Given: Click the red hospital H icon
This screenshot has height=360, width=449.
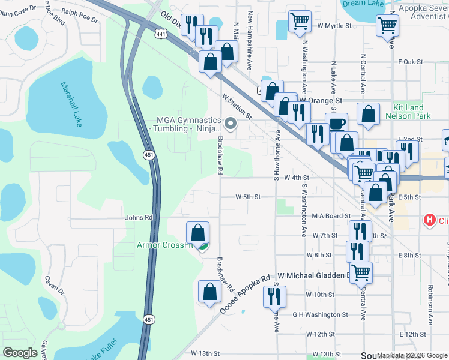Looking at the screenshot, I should point(429,220).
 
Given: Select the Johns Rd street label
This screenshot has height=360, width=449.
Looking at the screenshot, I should point(139,217).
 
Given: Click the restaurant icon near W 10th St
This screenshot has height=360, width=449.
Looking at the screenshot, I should point(274,295).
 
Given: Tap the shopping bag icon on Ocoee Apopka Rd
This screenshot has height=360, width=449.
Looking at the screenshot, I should point(209,292).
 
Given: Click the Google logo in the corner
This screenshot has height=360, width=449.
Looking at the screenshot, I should point(20,353).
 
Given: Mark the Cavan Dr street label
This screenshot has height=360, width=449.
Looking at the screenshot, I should point(53,284).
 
